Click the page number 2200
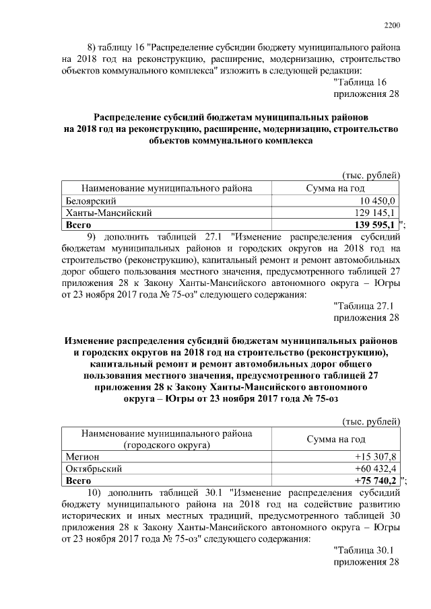coord(392,26)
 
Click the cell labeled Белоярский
coord(92,201)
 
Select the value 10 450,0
coord(381,201)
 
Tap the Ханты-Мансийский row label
coord(108,213)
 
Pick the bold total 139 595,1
coord(374,225)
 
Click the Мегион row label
coord(82,458)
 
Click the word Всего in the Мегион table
coord(78,481)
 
